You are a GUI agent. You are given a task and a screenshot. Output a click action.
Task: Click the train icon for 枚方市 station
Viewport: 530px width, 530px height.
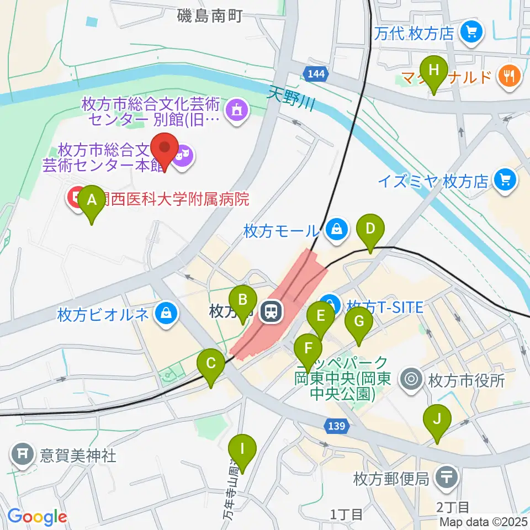[x=272, y=313]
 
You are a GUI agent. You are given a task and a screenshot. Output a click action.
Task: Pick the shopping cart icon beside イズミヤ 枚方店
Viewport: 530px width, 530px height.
[x=504, y=179]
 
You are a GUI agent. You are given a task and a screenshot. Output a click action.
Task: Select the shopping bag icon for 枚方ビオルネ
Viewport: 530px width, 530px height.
[x=165, y=314]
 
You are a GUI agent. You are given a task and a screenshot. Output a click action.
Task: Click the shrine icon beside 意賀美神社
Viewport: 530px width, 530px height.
[x=22, y=455]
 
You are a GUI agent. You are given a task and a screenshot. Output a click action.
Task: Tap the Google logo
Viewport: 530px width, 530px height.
[x=37, y=517]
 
